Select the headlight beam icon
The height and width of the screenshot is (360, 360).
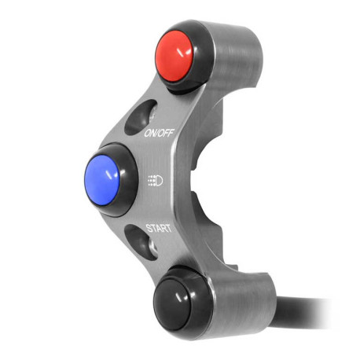(155, 180)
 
